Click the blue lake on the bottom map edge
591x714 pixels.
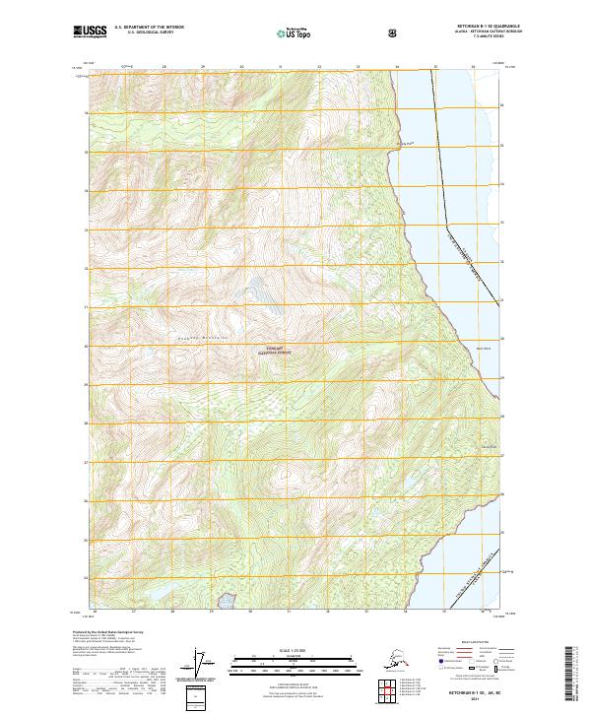228,599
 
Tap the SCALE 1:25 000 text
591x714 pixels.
295,649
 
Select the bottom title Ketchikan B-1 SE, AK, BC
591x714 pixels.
467,692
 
